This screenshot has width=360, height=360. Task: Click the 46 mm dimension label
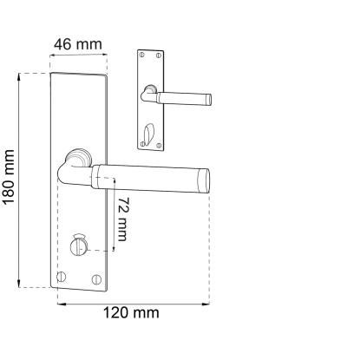(x=78, y=44)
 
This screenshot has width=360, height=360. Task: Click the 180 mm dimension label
(x=9, y=177)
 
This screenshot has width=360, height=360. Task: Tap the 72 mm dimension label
(x=122, y=219)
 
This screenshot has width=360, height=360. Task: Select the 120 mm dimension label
(x=131, y=313)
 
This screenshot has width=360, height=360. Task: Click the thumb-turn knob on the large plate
(x=77, y=245)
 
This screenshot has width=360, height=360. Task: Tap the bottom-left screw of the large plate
(x=62, y=277)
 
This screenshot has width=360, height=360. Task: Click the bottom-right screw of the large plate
(x=96, y=279)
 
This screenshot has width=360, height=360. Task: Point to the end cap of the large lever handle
(x=203, y=180)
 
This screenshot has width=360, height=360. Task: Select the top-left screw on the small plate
(x=141, y=54)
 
